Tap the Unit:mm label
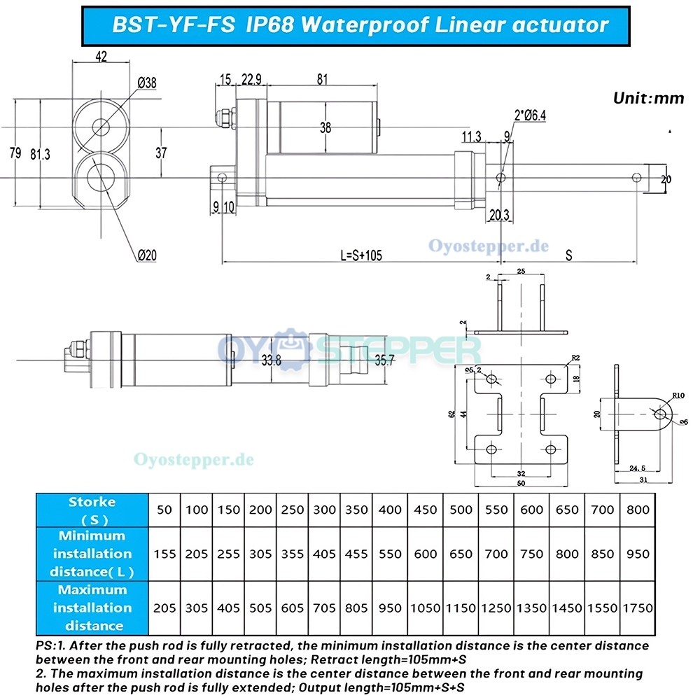[648, 98]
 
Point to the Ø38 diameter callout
[147, 83]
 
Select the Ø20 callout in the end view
[147, 255]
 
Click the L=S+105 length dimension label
[361, 255]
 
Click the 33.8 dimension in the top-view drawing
[272, 360]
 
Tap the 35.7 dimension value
[385, 360]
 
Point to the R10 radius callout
[678, 395]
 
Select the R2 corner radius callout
[575, 358]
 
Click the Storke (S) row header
[92, 510]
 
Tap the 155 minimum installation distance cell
[164, 554]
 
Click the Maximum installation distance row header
[92, 608]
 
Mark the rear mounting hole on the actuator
[223, 178]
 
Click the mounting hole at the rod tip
[636, 178]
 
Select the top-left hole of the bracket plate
[491, 379]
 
